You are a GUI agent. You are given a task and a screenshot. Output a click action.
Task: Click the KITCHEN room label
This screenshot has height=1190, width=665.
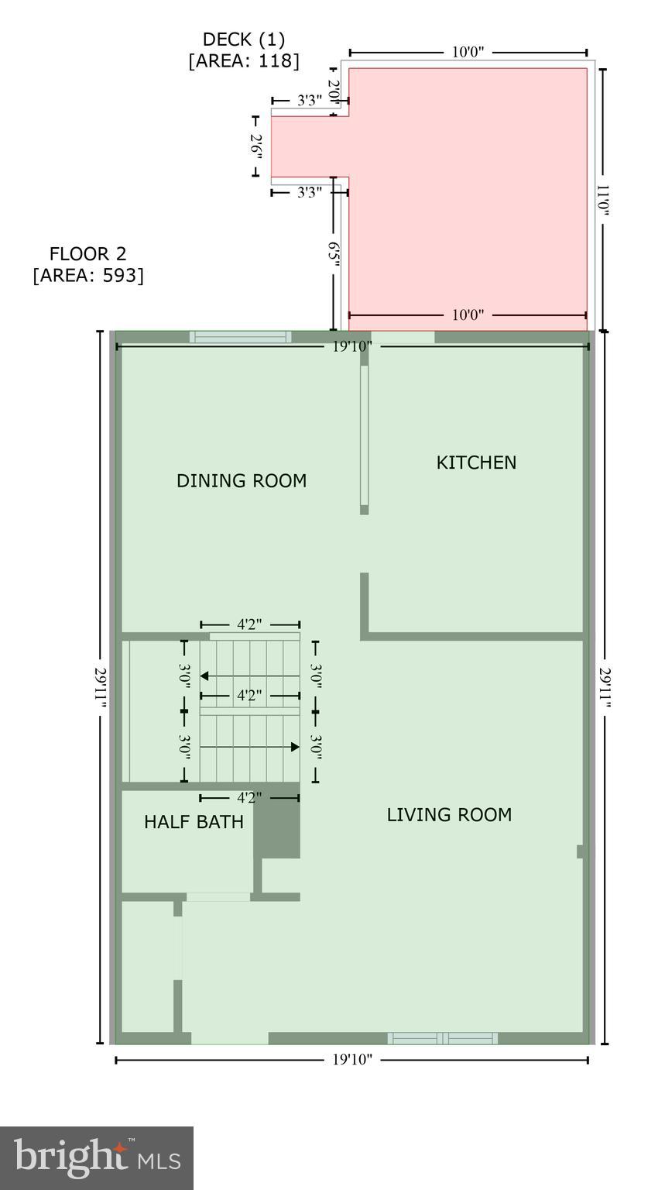(x=476, y=463)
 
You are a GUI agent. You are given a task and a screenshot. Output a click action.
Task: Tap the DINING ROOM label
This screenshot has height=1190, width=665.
(x=242, y=481)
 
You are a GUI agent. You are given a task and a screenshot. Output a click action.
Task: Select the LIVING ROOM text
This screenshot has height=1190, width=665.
(x=449, y=815)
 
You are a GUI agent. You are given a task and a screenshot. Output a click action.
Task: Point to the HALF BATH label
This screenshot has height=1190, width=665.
(x=194, y=822)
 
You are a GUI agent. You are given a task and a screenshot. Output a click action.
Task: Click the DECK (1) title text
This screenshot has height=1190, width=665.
(x=243, y=40)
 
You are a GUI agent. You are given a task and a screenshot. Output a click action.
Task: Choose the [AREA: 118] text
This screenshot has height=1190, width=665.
(x=243, y=61)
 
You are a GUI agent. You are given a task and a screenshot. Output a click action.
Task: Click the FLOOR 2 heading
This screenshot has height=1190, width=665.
(x=87, y=254)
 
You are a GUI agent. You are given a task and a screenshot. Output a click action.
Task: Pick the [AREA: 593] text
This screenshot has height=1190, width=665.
(x=87, y=276)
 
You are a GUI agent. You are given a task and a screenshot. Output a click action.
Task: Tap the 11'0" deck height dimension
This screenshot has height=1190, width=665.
(x=604, y=199)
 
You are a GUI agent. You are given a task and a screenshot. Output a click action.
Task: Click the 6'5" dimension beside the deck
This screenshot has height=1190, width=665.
(x=334, y=254)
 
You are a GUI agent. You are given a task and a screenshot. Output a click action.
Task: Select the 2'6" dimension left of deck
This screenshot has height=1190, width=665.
(x=256, y=146)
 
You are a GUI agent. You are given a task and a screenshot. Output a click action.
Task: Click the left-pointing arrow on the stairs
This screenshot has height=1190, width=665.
(x=205, y=676)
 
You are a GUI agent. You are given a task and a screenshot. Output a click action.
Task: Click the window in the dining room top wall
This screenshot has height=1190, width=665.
(x=241, y=337)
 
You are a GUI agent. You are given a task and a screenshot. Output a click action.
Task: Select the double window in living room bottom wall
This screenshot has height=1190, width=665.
(x=442, y=1039)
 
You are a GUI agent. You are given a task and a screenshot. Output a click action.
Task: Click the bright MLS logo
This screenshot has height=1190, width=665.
(x=97, y=1158)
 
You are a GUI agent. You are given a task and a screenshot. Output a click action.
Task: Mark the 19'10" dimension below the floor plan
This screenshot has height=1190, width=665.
(x=352, y=1060)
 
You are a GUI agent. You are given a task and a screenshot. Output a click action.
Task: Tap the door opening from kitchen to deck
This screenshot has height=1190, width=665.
(x=403, y=337)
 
